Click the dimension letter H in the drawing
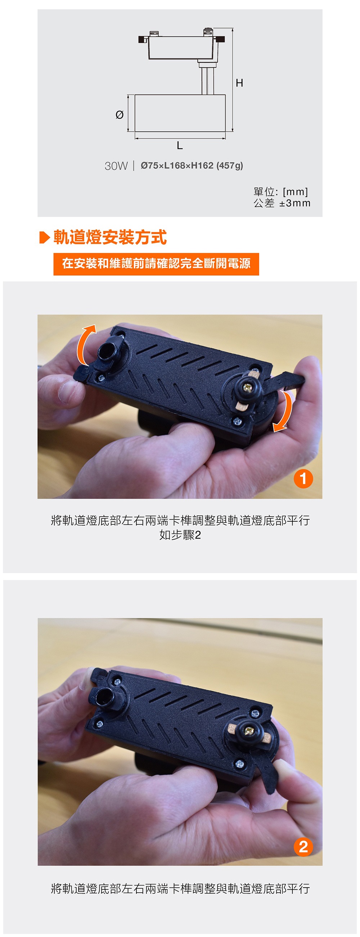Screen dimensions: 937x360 click(239, 83)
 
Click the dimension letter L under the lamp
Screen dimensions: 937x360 click(180, 146)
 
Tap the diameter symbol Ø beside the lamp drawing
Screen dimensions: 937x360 click(119, 115)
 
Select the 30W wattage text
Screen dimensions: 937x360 click(116, 166)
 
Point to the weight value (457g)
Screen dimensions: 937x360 click(229, 165)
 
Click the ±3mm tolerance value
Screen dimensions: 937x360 click(294, 203)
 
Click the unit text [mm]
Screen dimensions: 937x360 click(295, 192)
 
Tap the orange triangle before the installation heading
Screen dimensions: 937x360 click(44, 237)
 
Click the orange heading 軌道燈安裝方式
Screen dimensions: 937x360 click(110, 237)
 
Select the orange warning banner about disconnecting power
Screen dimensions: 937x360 click(156, 264)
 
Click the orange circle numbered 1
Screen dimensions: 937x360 click(303, 478)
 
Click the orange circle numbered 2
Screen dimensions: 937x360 click(303, 847)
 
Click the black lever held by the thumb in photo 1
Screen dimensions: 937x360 click(287, 380)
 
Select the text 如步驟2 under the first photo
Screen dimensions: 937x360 click(180, 535)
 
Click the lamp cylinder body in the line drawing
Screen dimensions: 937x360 click(180, 113)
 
